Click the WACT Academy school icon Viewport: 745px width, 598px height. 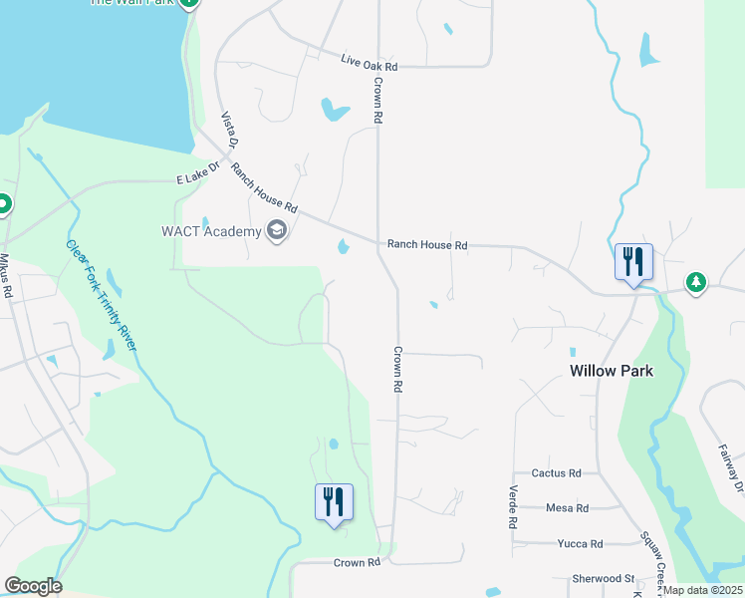click(x=277, y=232)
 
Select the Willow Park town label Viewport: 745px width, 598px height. click(x=612, y=370)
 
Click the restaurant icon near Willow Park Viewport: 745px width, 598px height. click(x=633, y=262)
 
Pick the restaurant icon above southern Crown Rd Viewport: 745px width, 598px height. click(x=334, y=501)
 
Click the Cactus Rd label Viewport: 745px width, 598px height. click(x=556, y=473)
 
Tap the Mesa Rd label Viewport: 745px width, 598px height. click(x=567, y=507)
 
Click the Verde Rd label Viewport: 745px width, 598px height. click(x=513, y=507)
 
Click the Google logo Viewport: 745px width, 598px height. click(x=33, y=586)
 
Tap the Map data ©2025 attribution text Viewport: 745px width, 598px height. click(x=703, y=590)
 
